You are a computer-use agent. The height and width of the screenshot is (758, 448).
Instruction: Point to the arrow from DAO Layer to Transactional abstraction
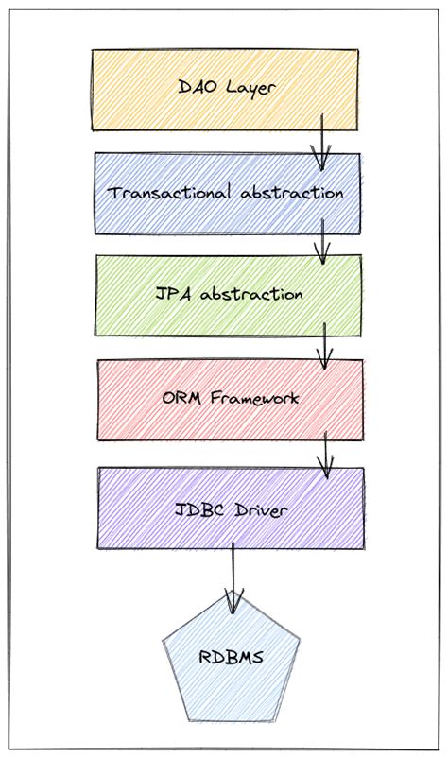(x=321, y=142)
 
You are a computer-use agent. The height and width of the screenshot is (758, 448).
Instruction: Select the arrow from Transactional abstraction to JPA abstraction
(x=321, y=243)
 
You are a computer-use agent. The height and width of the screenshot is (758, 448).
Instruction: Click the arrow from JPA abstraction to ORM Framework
(x=324, y=347)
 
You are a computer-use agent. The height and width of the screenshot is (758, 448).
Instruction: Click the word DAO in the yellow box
(x=197, y=88)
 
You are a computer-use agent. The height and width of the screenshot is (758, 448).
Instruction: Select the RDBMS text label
(x=232, y=657)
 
